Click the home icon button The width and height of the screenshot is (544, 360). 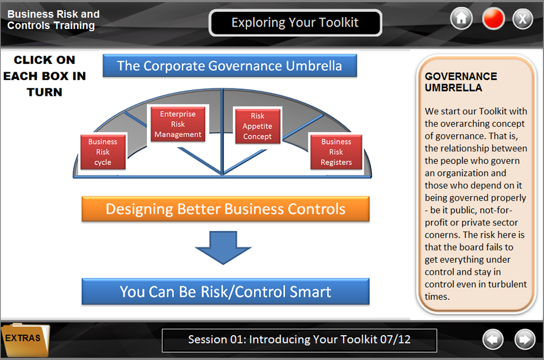coord(461,18)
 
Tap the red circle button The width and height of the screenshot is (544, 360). coord(493,18)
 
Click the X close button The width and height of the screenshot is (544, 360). coord(523,18)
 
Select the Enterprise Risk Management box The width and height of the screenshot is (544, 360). coord(178,124)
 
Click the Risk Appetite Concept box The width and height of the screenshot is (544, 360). coord(257,126)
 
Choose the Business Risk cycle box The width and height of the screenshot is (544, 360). coord(103,152)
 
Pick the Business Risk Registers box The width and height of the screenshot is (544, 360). coord(336,152)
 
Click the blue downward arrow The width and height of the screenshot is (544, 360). coord(223,247)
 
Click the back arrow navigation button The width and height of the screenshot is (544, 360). coord(492,339)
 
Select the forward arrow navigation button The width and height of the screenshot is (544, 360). coord(524,339)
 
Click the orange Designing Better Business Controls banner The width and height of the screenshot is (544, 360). coord(226,209)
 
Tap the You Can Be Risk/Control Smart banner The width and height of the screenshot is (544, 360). coord(226,291)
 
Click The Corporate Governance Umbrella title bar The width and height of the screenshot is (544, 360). coord(230,66)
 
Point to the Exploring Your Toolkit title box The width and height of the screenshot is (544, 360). coord(295,23)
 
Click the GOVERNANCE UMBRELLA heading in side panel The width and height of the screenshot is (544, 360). coord(460,82)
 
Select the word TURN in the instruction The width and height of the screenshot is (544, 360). coord(44,92)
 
